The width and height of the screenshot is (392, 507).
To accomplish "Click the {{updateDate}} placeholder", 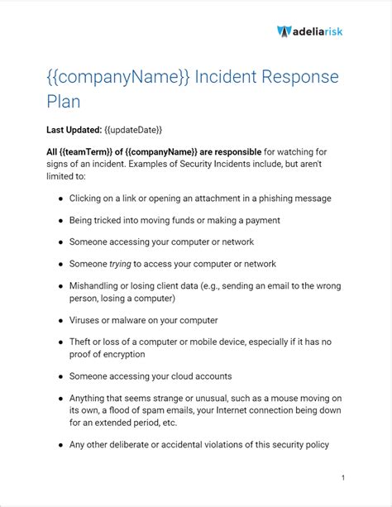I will [x=133, y=130].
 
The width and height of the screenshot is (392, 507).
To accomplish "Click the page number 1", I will [x=342, y=477].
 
